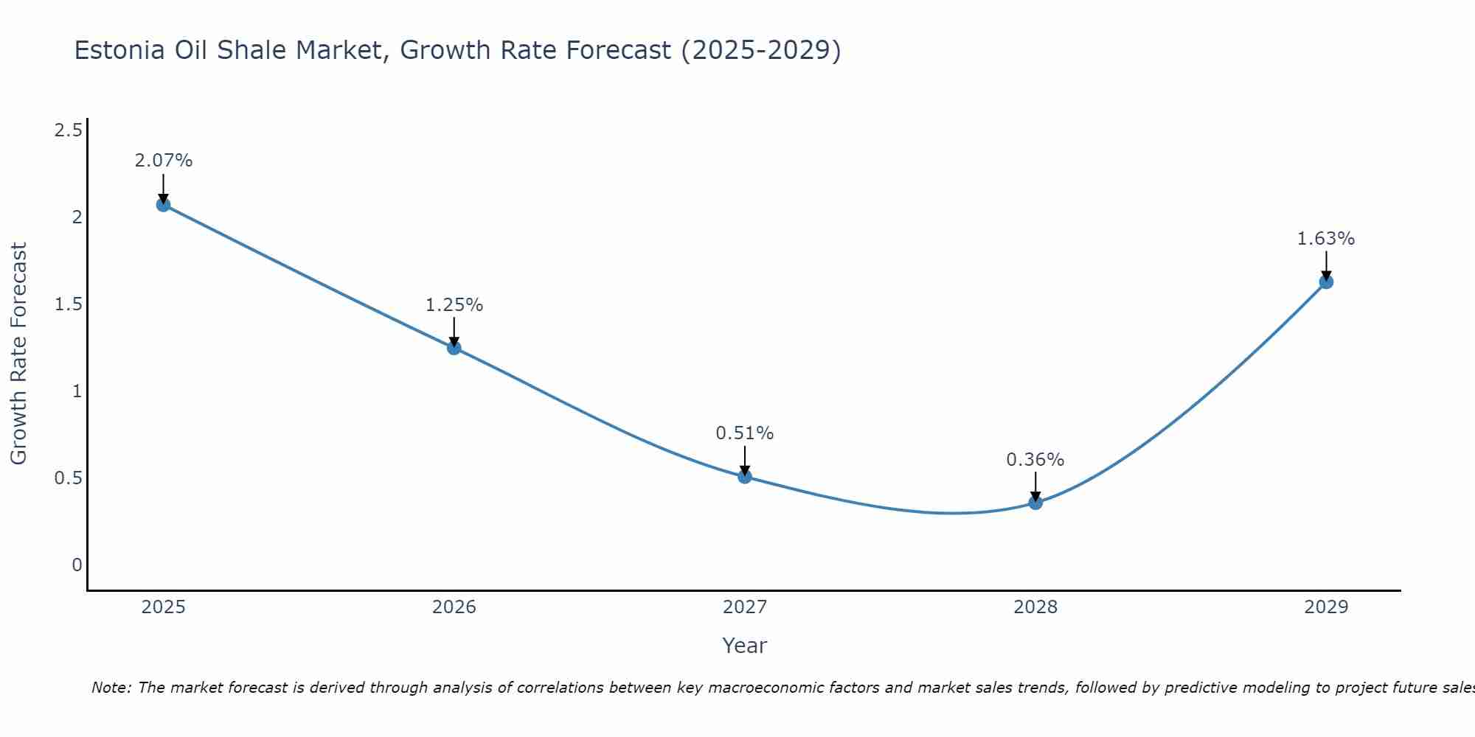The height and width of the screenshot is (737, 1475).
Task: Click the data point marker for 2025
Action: tap(163, 205)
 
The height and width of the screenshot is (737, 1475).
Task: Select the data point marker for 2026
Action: tap(454, 348)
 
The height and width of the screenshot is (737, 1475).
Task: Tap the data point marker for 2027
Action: tap(745, 477)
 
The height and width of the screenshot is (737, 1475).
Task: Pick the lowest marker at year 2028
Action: tap(1035, 503)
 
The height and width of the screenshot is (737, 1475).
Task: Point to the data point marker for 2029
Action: tap(1326, 282)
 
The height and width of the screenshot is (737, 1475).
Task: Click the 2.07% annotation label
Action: tap(163, 161)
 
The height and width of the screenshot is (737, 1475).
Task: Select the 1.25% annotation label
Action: tap(454, 305)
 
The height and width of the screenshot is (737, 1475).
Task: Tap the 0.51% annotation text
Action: tap(745, 433)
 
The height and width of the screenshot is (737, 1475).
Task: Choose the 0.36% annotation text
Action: tap(1035, 460)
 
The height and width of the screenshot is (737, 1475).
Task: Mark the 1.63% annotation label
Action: tap(1326, 239)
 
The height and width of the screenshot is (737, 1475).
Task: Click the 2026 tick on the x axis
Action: tap(454, 607)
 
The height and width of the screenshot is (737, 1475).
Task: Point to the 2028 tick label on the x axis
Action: tap(1035, 607)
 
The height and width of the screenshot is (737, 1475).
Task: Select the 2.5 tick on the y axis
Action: tap(68, 131)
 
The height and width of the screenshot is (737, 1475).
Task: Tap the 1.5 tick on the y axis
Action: tap(68, 304)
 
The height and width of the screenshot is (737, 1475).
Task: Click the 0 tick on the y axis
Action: tap(77, 565)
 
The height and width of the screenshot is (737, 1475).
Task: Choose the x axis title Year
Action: tap(745, 646)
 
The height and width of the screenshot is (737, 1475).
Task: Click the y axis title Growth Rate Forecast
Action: tap(18, 354)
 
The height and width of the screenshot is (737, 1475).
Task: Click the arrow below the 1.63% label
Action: tap(1326, 265)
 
